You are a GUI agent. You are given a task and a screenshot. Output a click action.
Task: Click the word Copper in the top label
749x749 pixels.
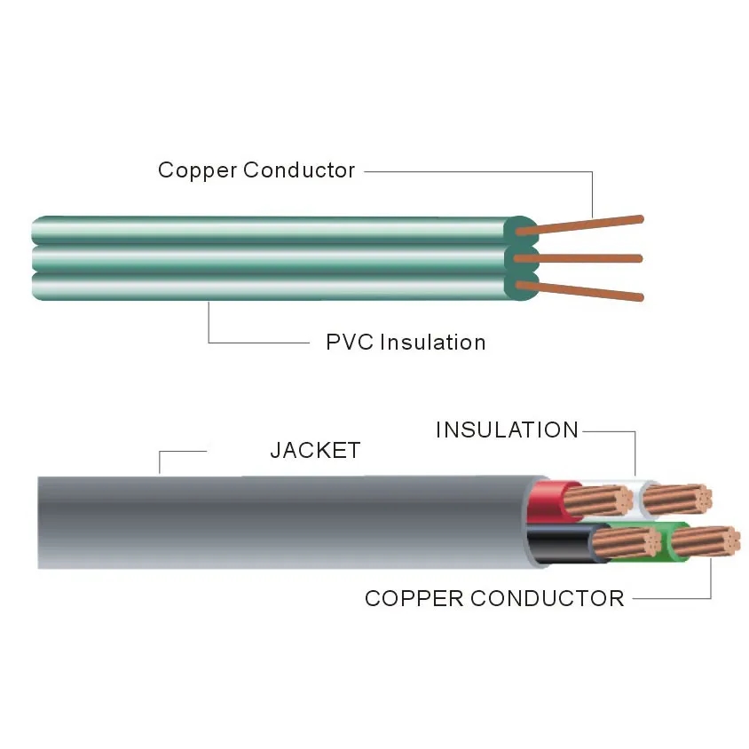click(196, 170)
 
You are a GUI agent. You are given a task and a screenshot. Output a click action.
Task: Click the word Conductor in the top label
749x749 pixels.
click(299, 170)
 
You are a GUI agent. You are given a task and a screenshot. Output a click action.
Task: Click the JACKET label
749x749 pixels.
click(315, 451)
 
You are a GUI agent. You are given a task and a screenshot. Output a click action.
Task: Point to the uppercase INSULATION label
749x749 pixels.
click(507, 430)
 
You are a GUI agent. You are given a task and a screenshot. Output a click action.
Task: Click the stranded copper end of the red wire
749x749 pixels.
click(606, 501)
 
